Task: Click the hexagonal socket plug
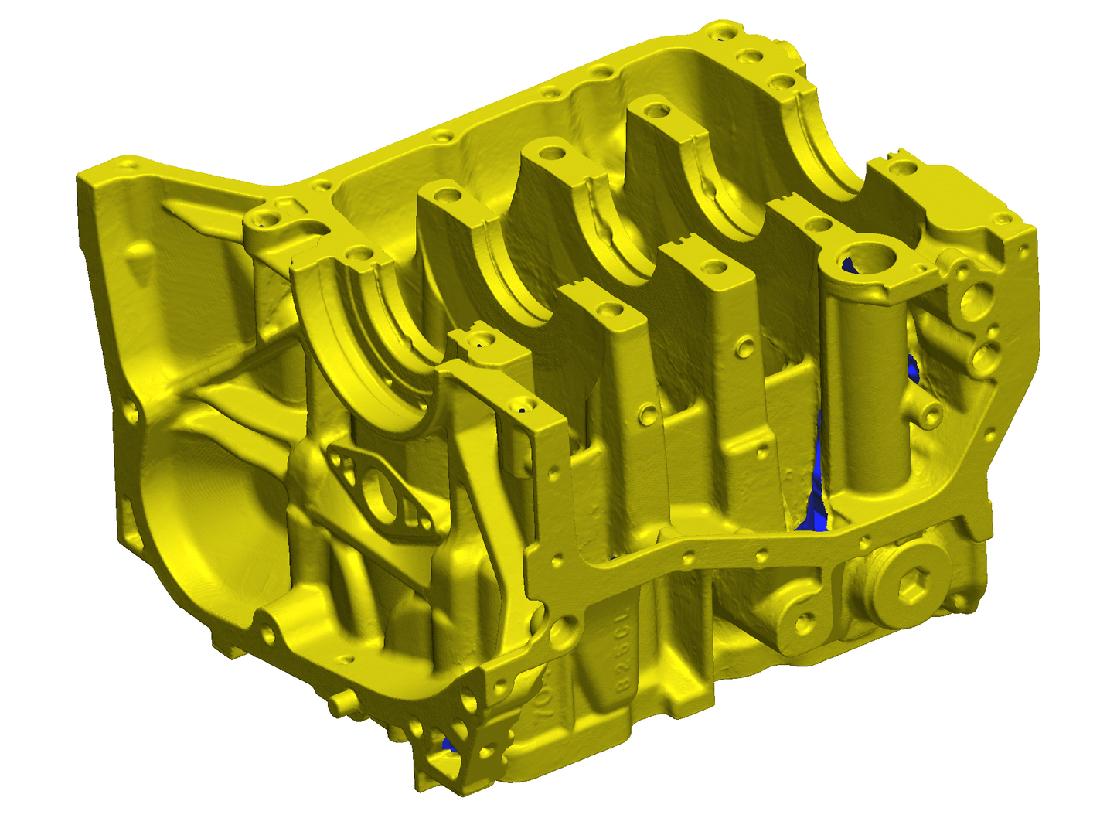912,591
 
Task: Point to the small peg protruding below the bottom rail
339,704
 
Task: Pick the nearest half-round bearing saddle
363,348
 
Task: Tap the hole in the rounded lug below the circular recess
268,635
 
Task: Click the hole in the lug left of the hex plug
805,622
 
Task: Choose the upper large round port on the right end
976,302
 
